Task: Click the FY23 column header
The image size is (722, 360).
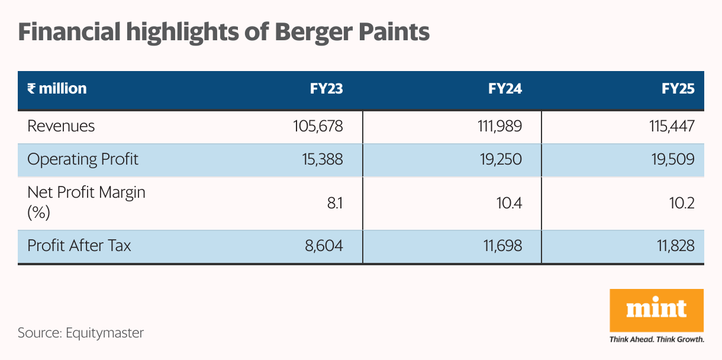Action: click(x=326, y=89)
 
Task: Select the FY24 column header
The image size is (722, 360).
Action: click(x=505, y=89)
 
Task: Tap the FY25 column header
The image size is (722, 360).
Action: click(x=678, y=89)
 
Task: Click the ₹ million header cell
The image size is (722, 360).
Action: click(x=57, y=89)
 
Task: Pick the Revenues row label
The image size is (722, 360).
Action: click(x=61, y=126)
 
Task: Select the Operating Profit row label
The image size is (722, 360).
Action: click(x=83, y=159)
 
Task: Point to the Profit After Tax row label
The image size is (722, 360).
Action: click(x=79, y=245)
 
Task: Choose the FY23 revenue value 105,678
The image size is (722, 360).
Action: click(x=318, y=126)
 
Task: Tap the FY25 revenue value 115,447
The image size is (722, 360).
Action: click(x=671, y=126)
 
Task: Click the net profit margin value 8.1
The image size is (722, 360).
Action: click(x=334, y=203)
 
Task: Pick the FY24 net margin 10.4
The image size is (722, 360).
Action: click(x=509, y=203)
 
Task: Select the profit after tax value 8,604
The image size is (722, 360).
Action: click(x=325, y=245)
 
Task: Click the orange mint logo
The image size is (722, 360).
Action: click(x=656, y=310)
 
